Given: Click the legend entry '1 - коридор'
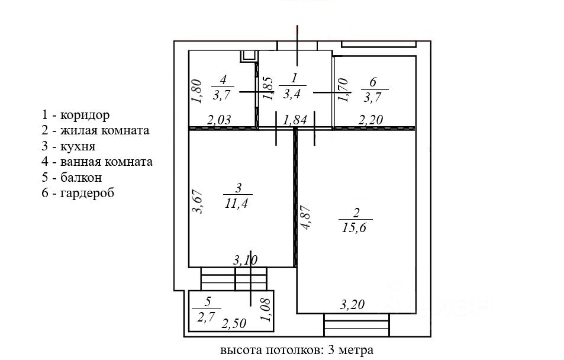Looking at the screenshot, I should tap(76, 115).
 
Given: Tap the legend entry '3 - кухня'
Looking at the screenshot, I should tap(69, 146).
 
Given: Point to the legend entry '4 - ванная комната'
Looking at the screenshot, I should tap(97, 161).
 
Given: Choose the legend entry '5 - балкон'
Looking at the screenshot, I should tap(72, 177).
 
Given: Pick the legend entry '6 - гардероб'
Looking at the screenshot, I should tap(78, 192).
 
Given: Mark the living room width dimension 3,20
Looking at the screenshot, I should tap(352, 306).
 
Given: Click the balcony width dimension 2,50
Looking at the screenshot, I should tap(234, 323).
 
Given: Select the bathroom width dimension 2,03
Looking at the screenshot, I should tap(218, 120).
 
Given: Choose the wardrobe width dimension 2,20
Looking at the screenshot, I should tap(371, 120).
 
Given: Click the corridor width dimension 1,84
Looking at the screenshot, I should tap(295, 120).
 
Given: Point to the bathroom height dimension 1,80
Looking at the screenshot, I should tap(198, 92).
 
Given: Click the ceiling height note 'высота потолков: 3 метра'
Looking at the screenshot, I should tap(296, 350).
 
